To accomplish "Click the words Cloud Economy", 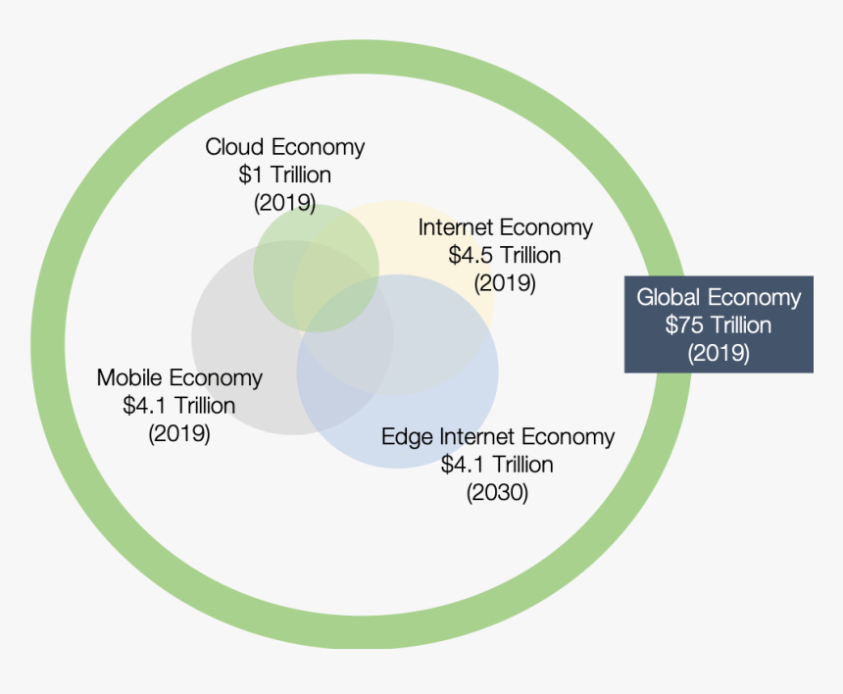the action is [x=285, y=148].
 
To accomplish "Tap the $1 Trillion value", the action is [x=285, y=174].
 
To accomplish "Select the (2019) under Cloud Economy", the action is [x=285, y=203].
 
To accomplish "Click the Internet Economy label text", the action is [x=506, y=228].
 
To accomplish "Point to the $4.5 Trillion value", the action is [x=505, y=255].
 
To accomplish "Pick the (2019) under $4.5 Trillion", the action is [x=505, y=282].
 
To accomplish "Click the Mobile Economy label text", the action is [x=179, y=378].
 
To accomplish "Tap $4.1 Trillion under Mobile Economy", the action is [x=179, y=406].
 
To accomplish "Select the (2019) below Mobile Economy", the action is [x=179, y=433].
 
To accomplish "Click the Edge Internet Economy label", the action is [x=498, y=437].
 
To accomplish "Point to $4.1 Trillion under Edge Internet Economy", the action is [x=497, y=465].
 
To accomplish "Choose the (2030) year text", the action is [x=497, y=492].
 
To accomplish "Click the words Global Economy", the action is [x=719, y=298].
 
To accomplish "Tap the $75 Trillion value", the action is [x=719, y=325].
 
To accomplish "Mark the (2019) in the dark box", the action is [x=719, y=353].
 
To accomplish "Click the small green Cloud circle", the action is [x=316, y=269].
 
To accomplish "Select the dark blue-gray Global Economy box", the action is [x=719, y=324].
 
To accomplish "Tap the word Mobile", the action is [x=129, y=378].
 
